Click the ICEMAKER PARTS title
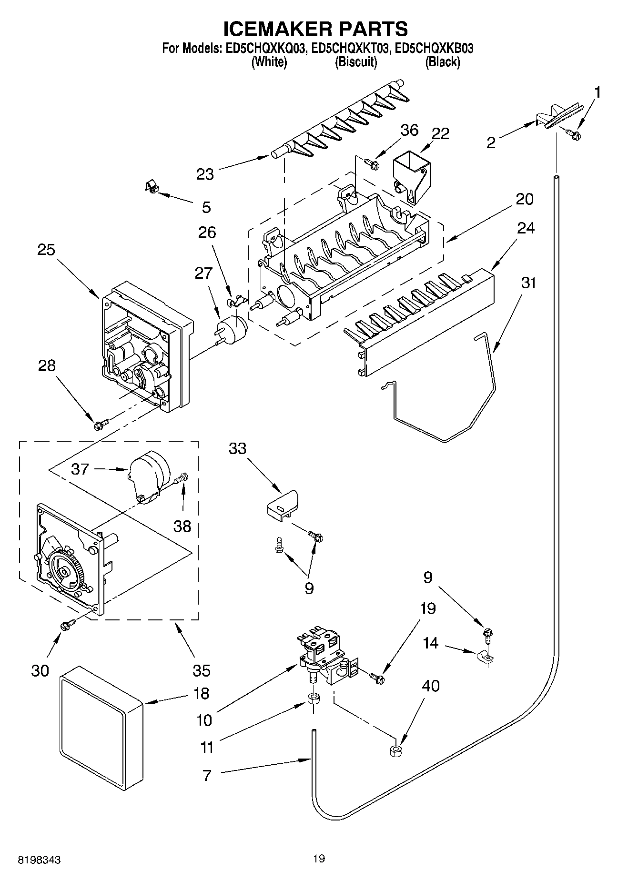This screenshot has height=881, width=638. tap(315, 29)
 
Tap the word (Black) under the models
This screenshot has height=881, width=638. tap(442, 62)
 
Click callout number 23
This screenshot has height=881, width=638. tap(205, 174)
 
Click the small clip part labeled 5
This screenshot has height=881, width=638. tap(151, 186)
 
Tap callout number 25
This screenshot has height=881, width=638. tap(47, 250)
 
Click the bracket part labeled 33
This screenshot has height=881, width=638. tap(283, 504)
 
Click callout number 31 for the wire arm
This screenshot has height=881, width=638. tap(529, 283)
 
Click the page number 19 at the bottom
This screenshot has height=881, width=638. tap(319, 859)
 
